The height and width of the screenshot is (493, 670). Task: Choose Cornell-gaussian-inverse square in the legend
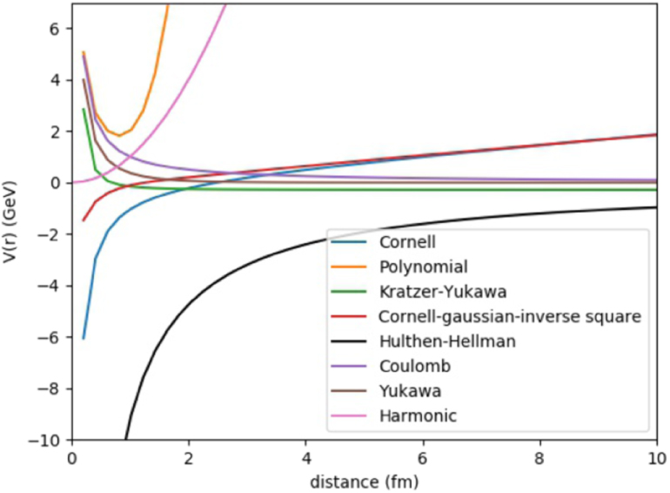509,316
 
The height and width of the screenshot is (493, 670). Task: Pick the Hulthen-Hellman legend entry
446,341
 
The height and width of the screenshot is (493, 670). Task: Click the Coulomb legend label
410,366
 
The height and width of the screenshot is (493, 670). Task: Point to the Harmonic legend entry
417,415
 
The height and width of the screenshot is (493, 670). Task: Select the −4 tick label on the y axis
50,286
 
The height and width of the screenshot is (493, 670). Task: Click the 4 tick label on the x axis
305,456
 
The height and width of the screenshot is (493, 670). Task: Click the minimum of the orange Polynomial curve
119,135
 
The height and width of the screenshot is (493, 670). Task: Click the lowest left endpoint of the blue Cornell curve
84,338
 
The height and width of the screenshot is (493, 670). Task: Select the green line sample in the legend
351,292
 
